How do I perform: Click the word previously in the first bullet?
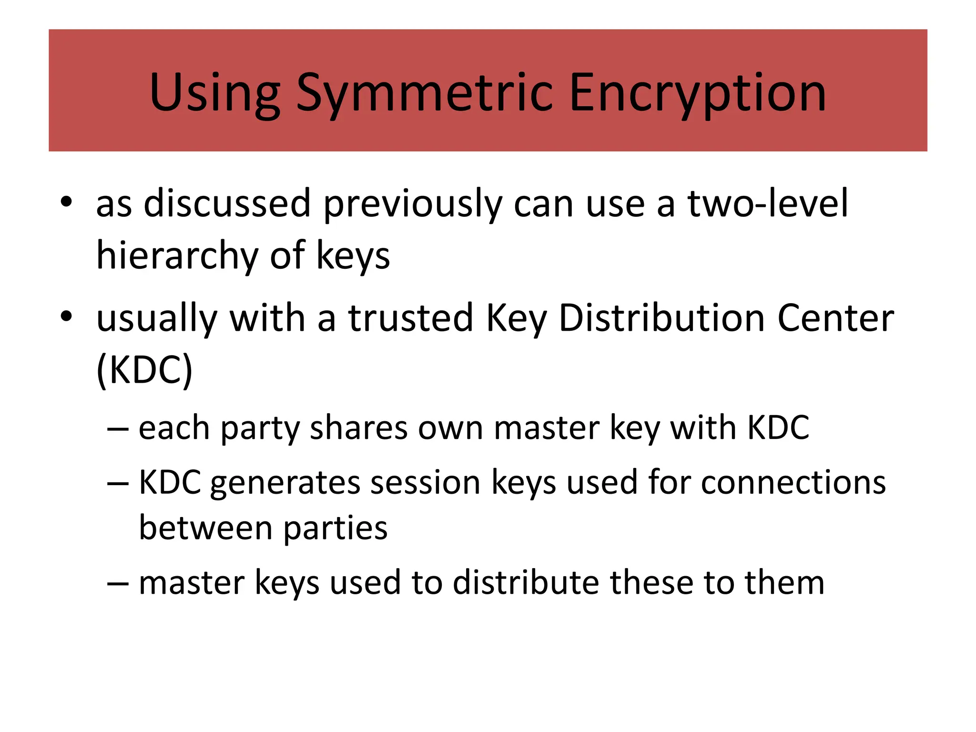pos(413,204)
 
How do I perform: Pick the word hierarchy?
pos(177,256)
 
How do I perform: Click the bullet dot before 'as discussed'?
pos(66,202)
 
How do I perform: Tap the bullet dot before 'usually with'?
pos(66,316)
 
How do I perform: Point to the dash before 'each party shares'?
pos(118,428)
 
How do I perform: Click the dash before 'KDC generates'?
pos(118,483)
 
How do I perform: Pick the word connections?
pos(793,483)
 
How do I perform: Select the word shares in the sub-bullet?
pos(358,428)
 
